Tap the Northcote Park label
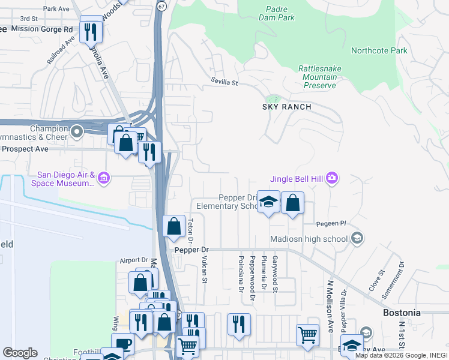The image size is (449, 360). tap(379, 51)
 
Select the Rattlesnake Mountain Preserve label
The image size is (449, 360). tap(319, 77)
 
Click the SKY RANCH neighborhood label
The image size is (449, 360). tap(287, 107)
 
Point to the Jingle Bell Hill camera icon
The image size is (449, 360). tap(333, 178)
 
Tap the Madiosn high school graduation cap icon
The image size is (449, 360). tap(357, 239)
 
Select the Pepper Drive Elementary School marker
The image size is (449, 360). tap(268, 201)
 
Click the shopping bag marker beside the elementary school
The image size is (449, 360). tap(292, 202)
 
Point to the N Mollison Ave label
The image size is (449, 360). tap(330, 305)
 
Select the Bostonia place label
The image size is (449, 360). tap(402, 313)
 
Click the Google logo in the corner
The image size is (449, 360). tap(20, 353)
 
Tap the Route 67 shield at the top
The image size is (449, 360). tap(161, 5)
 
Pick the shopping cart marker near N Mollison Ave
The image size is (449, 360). tap(307, 334)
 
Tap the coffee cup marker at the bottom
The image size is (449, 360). tap(122, 343)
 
